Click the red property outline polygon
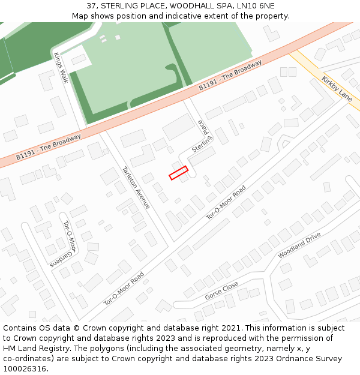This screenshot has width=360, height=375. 178,173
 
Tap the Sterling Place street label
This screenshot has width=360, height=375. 203,136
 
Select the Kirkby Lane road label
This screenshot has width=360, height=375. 337,88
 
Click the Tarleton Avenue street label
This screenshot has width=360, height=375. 136,187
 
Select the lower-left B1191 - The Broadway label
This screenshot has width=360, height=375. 49,146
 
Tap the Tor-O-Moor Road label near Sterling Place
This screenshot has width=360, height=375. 227,202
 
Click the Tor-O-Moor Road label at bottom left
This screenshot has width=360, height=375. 124,288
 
